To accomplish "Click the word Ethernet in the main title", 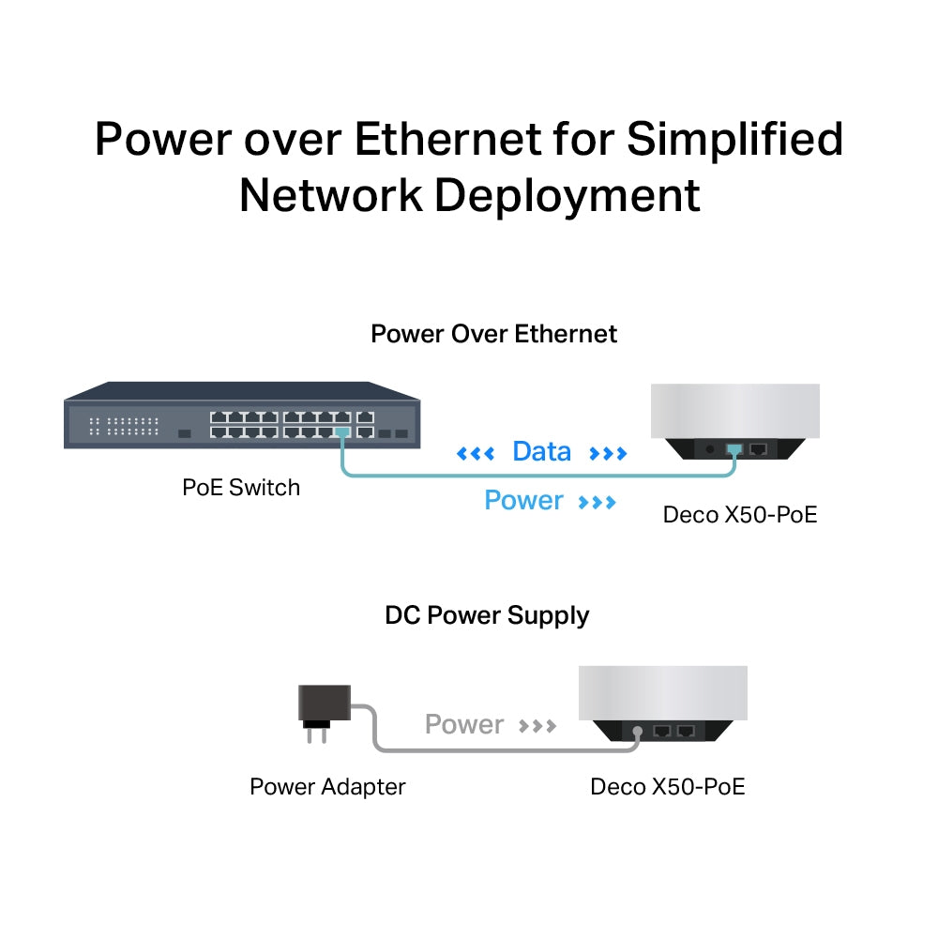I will tap(446, 139).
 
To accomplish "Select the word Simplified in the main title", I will tap(734, 139).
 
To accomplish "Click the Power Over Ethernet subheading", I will tap(493, 334).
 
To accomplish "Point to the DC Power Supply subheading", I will tap(487, 616).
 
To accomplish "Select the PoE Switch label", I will tap(241, 488).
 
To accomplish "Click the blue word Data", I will tap(541, 452).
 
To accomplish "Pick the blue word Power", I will tap(523, 501).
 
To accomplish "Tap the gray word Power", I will tap(464, 725).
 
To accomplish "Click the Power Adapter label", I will tap(327, 786).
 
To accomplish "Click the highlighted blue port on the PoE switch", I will tap(341, 432).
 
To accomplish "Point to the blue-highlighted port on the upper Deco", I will tap(734, 449).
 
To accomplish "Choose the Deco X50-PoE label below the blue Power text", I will tap(740, 515).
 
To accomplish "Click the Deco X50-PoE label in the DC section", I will tap(667, 786).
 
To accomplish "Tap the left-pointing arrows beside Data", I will tap(476, 454).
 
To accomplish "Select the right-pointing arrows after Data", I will tap(608, 454).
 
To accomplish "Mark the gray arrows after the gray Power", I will tap(537, 726).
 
